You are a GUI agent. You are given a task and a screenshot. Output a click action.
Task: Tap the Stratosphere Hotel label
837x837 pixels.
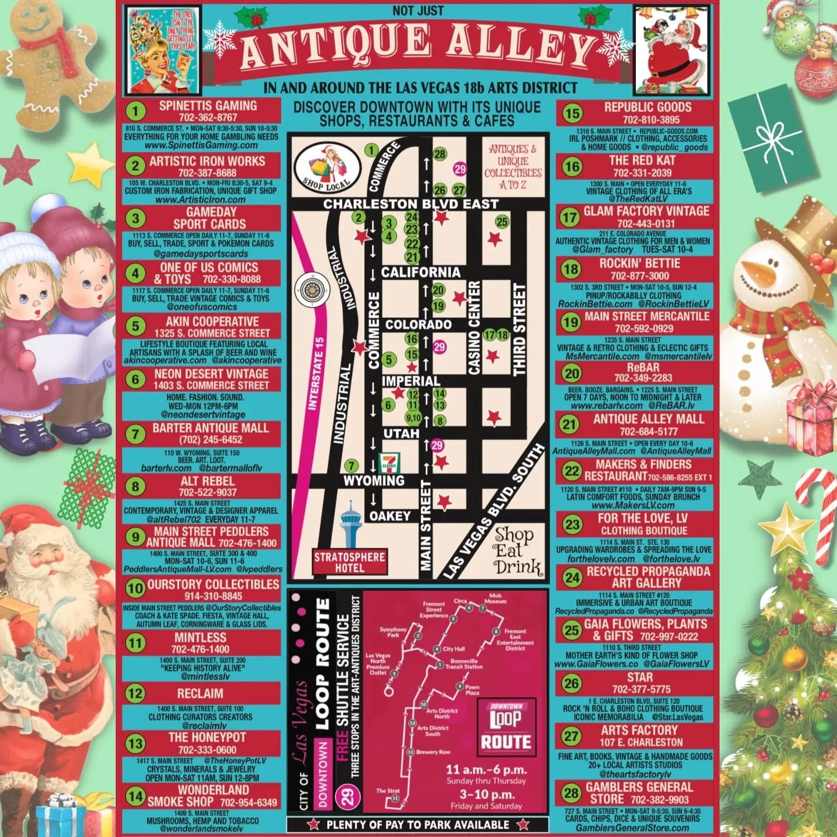349,561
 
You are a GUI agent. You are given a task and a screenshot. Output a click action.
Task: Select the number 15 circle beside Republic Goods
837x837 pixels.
572,113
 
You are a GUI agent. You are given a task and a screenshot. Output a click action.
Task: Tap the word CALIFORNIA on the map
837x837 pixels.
420,272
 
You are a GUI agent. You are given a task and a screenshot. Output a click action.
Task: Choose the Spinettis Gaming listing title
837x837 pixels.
208,106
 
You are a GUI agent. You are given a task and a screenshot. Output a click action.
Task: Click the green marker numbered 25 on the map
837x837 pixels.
502,221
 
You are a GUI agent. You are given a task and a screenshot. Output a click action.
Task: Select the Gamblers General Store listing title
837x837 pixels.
639,793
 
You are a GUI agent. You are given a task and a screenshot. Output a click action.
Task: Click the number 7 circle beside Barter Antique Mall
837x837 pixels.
135,434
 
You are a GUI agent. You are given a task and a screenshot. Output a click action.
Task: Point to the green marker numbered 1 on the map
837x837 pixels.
371,151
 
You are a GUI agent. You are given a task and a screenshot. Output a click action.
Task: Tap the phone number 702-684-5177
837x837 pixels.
648,431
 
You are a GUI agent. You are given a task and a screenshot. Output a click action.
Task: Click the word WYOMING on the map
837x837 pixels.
374,481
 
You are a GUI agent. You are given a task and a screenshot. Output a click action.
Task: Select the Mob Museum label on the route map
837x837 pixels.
495,598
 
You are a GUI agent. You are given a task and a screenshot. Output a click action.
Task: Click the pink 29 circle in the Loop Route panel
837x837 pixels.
347,795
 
